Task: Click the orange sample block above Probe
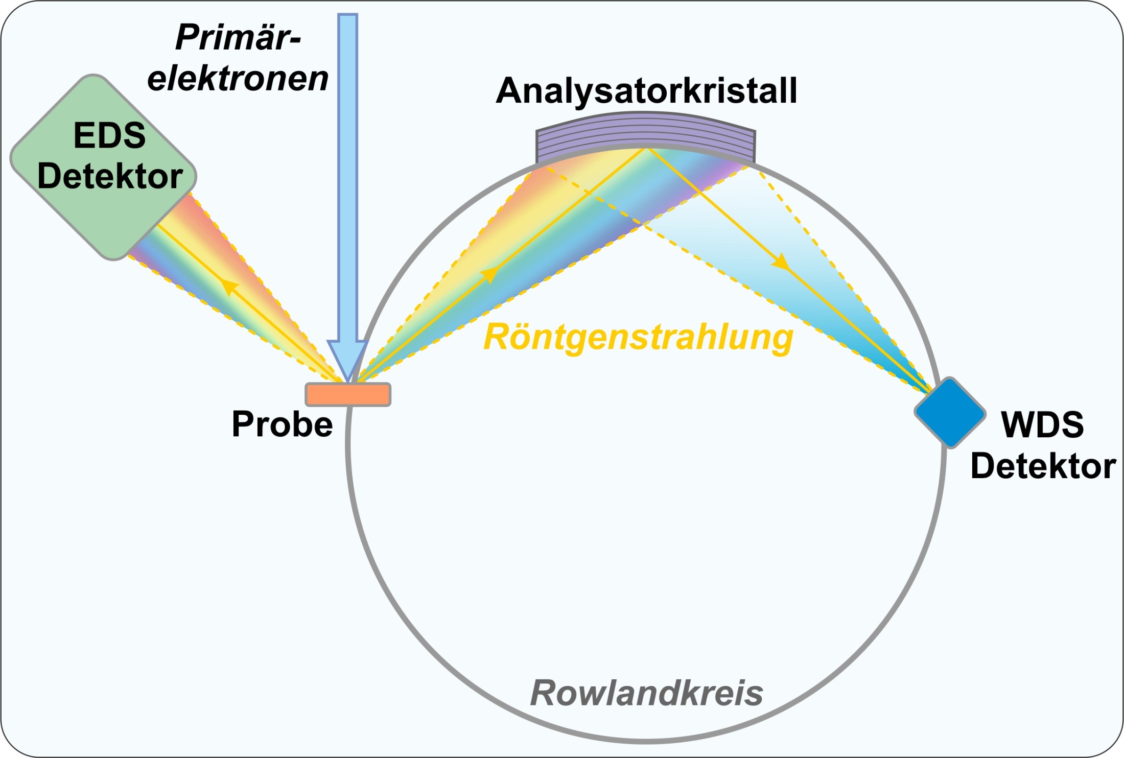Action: [x=348, y=394]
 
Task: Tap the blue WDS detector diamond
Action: [x=950, y=413]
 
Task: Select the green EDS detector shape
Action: [x=102, y=215]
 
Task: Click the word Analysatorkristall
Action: [x=646, y=91]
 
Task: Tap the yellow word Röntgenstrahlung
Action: [x=638, y=338]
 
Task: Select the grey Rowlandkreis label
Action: [x=646, y=693]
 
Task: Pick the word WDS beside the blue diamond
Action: [x=1042, y=424]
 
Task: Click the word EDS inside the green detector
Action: [x=109, y=135]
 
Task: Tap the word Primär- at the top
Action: [x=238, y=38]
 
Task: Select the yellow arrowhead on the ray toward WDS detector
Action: [x=780, y=263]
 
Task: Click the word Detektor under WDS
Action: [x=1043, y=466]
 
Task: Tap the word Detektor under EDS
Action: [x=110, y=176]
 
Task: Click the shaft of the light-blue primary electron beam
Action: [x=347, y=179]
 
